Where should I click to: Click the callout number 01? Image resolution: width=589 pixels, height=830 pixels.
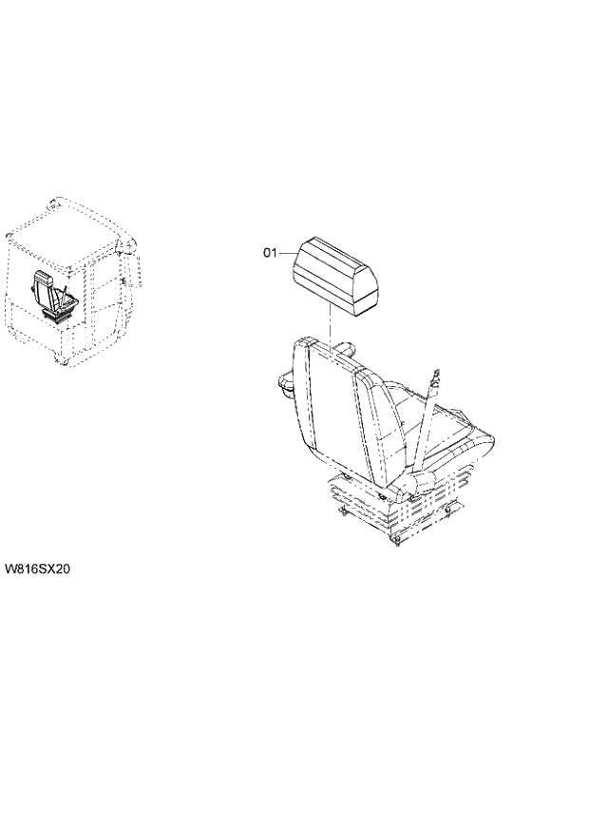(x=269, y=253)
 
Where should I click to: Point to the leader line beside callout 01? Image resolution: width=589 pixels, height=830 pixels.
(x=285, y=253)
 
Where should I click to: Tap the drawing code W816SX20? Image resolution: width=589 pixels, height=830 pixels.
(x=39, y=569)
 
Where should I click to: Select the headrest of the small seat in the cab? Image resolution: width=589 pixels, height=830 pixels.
(x=42, y=277)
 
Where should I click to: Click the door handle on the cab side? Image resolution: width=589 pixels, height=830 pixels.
(x=124, y=281)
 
